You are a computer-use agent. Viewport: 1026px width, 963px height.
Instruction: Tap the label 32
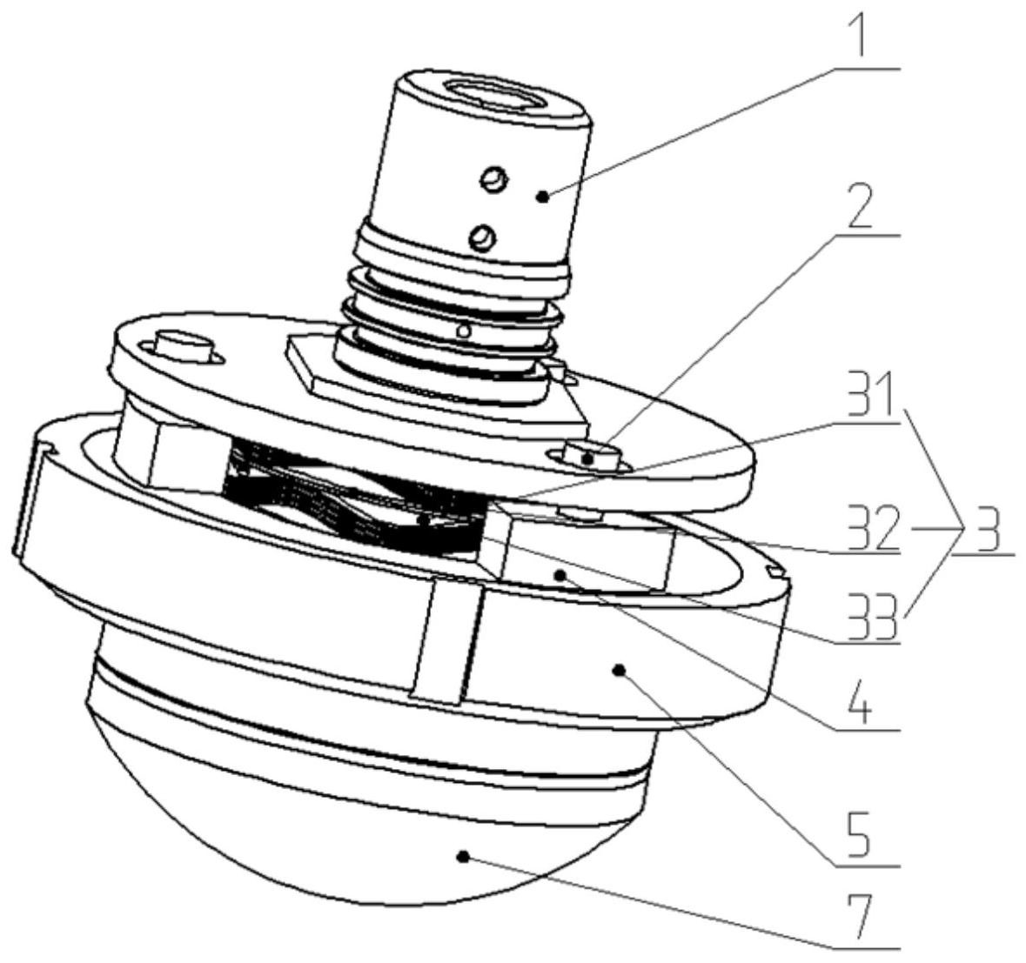(870, 527)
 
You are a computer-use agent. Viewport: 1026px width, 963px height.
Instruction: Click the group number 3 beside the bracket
(982, 526)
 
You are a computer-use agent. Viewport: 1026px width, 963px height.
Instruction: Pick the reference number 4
(865, 700)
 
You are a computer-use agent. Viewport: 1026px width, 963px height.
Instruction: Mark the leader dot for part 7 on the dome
(464, 856)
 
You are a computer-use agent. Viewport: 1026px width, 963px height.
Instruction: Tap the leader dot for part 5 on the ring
(618, 669)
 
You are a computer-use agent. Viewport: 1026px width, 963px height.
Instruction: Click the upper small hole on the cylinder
(493, 179)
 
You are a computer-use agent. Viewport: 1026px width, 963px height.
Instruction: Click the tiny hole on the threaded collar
(464, 331)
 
